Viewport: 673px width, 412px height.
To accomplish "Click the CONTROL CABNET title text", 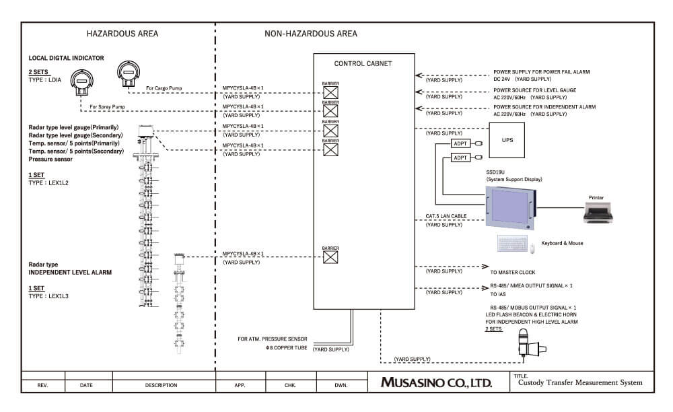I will (363, 64).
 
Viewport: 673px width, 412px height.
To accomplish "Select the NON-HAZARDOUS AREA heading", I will (311, 34).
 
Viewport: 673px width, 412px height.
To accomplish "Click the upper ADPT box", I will (461, 143).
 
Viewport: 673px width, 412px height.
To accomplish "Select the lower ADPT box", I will (461, 158).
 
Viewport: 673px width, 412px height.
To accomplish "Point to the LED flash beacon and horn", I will (527, 345).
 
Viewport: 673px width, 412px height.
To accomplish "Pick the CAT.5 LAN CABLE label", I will (445, 216).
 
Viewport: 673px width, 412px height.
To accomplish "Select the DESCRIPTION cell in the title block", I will (161, 386).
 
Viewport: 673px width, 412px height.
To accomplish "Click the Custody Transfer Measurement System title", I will (580, 383).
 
